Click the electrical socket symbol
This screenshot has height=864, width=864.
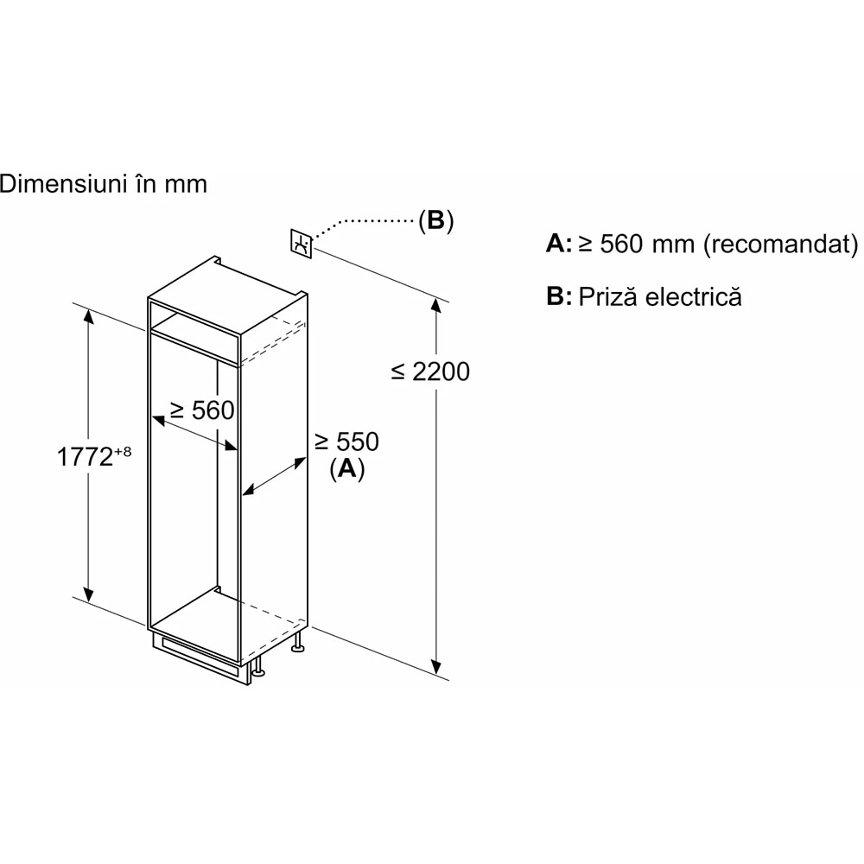[302, 243]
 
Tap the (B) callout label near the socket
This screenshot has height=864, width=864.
[435, 220]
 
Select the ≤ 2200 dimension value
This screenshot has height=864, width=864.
[430, 372]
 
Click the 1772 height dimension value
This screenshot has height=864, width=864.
[85, 456]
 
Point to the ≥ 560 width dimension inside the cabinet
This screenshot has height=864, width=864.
[202, 410]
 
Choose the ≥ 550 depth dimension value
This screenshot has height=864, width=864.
[346, 442]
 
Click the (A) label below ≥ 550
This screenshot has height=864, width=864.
[347, 468]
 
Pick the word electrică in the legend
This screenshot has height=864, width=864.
[694, 296]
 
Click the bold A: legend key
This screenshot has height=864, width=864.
[559, 244]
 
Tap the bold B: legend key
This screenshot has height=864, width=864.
[559, 296]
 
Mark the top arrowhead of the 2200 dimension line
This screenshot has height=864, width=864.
[436, 305]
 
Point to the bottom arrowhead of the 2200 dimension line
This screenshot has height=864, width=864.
[436, 667]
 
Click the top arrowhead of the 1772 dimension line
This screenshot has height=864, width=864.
[88, 317]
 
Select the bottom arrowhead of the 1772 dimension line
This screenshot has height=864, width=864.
[88, 594]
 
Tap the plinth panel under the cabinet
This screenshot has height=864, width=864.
[201, 659]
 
